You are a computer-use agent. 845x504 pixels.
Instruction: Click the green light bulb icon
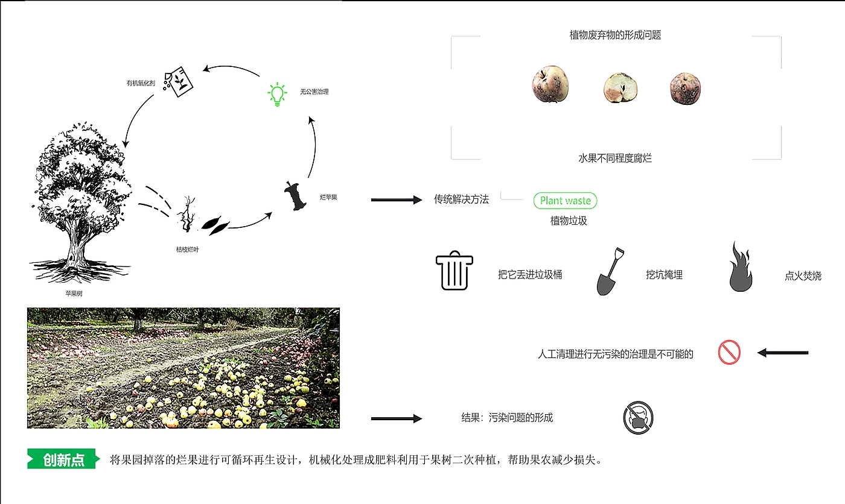276,95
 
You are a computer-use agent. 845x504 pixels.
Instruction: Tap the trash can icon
454,271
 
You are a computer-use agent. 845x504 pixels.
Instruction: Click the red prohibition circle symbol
729,352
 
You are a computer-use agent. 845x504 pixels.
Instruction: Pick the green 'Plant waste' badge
566,201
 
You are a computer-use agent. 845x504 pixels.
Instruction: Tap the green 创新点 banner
63,460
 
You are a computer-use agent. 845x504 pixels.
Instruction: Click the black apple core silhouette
296,196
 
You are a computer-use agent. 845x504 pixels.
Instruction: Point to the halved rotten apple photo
621,88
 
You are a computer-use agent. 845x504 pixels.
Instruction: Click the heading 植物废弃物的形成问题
615,35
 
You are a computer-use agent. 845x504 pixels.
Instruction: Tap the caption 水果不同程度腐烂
615,159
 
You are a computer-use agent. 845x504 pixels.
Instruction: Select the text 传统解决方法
461,200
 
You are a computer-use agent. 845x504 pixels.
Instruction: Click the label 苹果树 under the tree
74,294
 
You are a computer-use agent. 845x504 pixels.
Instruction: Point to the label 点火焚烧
803,276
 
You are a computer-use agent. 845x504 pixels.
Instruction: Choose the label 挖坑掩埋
664,275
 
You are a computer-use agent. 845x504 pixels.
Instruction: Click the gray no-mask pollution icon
638,418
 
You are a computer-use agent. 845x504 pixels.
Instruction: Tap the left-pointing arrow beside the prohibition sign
782,353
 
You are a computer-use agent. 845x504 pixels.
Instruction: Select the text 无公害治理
314,92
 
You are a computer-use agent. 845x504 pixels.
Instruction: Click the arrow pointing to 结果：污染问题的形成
396,418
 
